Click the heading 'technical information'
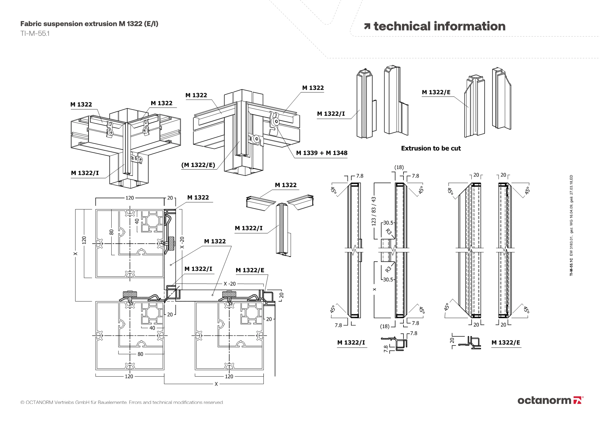tap(439, 26)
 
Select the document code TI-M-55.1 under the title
tap(35, 33)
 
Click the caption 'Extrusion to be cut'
tap(431, 148)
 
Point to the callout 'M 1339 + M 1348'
tap(322, 153)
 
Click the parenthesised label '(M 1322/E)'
tap(198, 165)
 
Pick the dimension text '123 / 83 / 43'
tap(373, 211)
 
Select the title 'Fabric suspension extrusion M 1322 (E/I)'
tap(89, 24)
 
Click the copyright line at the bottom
tap(122, 402)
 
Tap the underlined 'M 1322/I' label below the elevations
tap(351, 343)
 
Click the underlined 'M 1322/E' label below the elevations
tap(506, 343)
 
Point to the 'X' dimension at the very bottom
tap(216, 384)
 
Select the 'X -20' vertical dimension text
tap(182, 243)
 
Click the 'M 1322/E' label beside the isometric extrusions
tap(436, 92)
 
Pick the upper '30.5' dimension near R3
tap(388, 223)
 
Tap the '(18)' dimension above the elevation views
tap(399, 167)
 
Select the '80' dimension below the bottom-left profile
tap(140, 354)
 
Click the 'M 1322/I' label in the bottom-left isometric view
tap(85, 173)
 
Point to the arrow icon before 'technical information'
tap(367, 26)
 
